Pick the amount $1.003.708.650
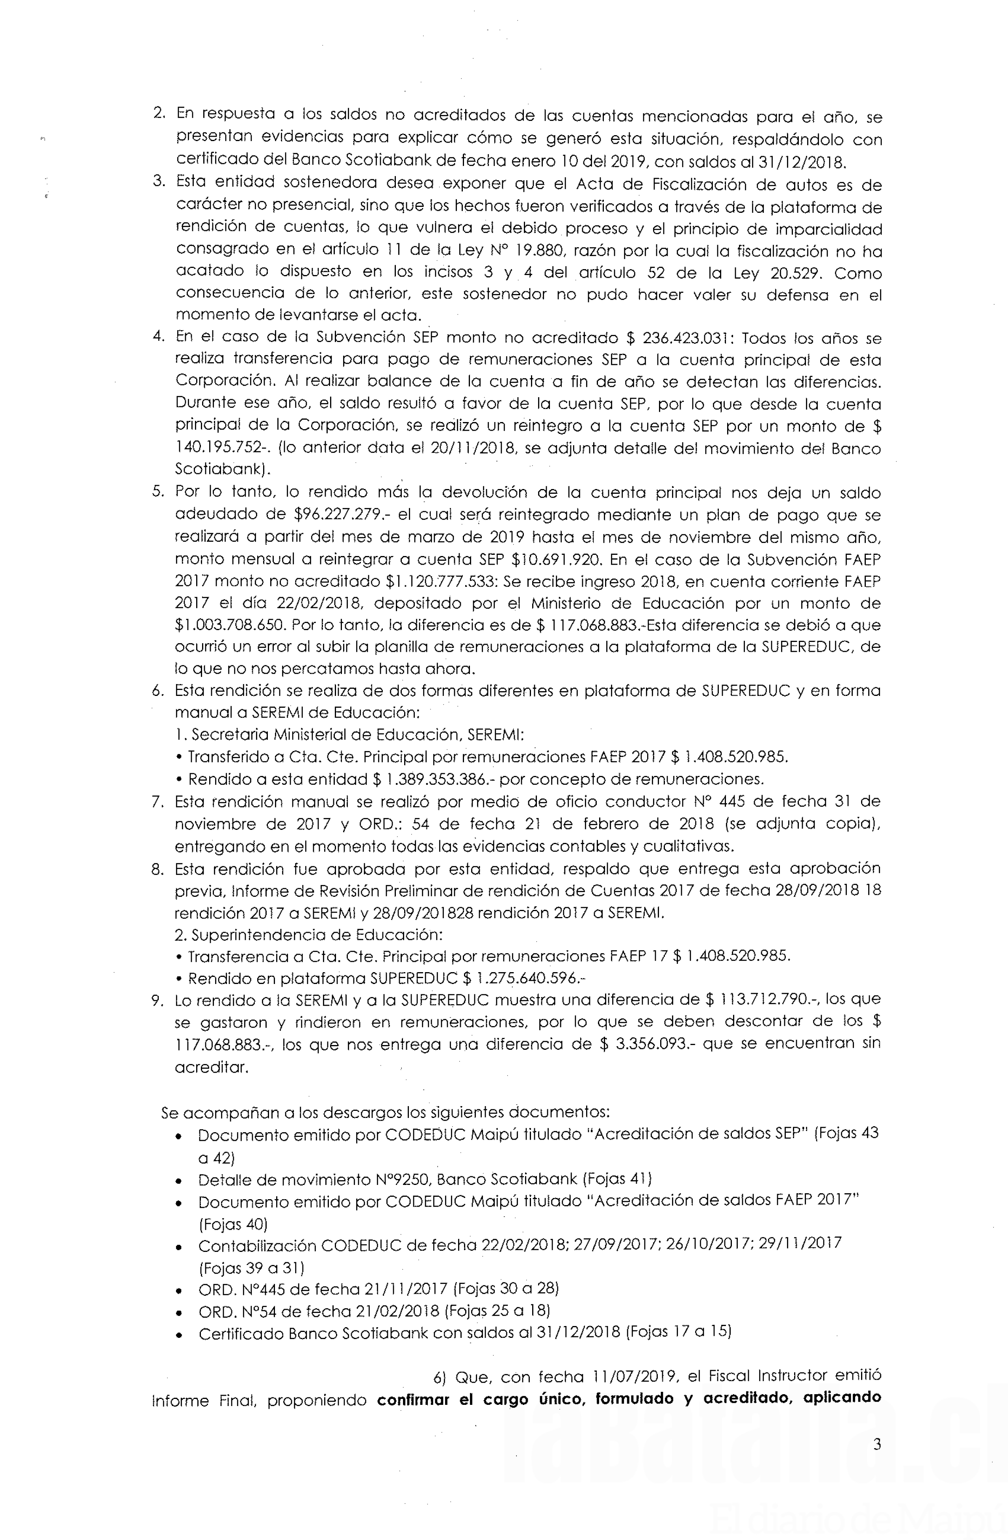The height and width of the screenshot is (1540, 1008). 230,625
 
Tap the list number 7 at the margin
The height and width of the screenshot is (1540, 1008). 157,802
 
